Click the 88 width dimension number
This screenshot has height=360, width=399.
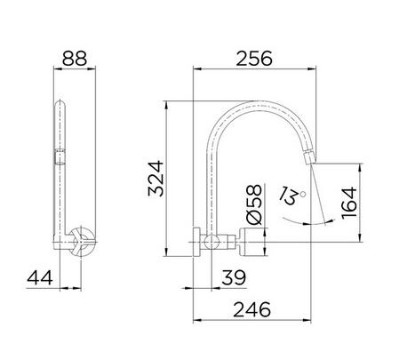75,58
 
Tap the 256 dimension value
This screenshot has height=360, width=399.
254,59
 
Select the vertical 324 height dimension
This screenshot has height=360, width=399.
156,179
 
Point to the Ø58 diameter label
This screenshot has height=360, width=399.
254,204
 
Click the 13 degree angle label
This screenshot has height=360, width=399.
290,196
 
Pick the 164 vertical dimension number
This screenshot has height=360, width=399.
349,203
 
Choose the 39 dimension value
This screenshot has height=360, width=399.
234,277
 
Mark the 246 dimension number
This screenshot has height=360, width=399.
251,309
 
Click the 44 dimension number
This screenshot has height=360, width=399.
40,277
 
